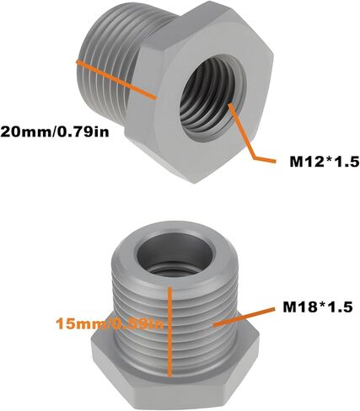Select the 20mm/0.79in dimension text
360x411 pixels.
coord(55,131)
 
